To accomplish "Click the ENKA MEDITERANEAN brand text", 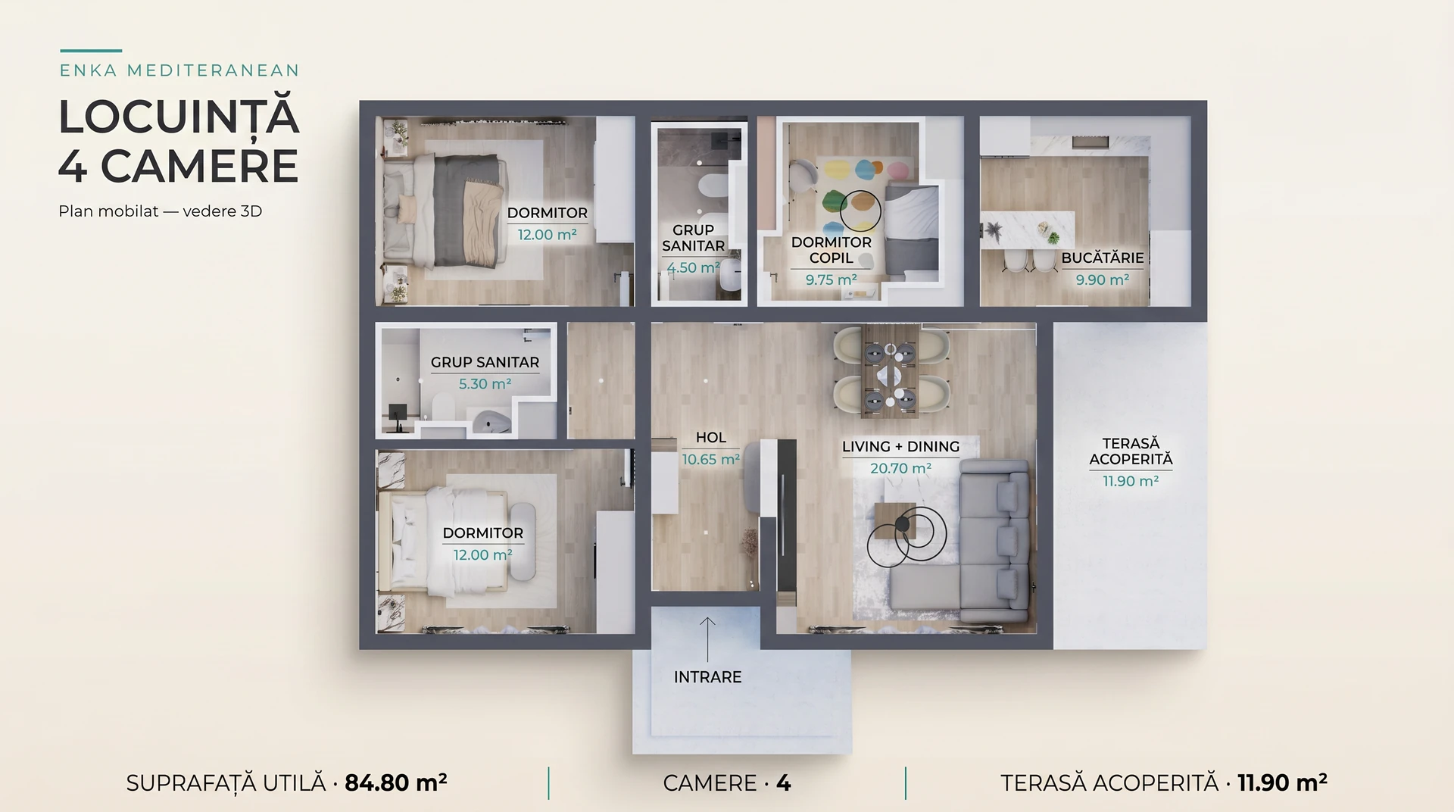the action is [x=179, y=70].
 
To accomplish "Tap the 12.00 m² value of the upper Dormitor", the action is [x=547, y=235].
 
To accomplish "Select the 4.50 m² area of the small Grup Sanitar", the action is [x=693, y=267].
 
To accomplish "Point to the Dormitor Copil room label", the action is [x=831, y=250].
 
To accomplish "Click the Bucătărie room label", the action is [x=1102, y=258].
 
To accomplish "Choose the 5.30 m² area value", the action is [x=485, y=384].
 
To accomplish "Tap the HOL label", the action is [x=710, y=438].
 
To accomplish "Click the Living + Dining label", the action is [x=900, y=447].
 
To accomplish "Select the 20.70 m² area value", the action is [x=900, y=468].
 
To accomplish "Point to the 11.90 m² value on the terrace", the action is [x=1131, y=481].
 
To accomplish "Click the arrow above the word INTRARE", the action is [x=707, y=639].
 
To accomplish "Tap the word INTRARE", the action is [x=707, y=677].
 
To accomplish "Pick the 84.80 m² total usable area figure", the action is [x=395, y=782].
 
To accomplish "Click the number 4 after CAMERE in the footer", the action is [x=784, y=783].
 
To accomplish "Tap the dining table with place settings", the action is [x=891, y=371].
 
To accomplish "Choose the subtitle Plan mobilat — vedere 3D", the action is [x=160, y=211].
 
